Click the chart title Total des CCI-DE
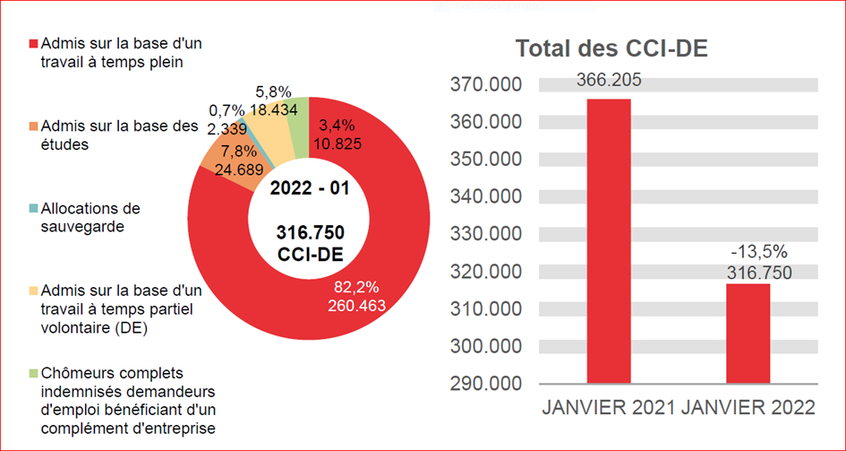pyautogui.click(x=611, y=50)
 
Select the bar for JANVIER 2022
pyautogui.click(x=748, y=334)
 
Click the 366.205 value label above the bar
pyautogui.click(x=609, y=80)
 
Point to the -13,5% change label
pyautogui.click(x=748, y=252)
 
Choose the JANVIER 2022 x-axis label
pyautogui.click(x=748, y=407)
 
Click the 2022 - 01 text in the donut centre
pyautogui.click(x=309, y=189)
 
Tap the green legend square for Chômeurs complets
pyautogui.click(x=34, y=372)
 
